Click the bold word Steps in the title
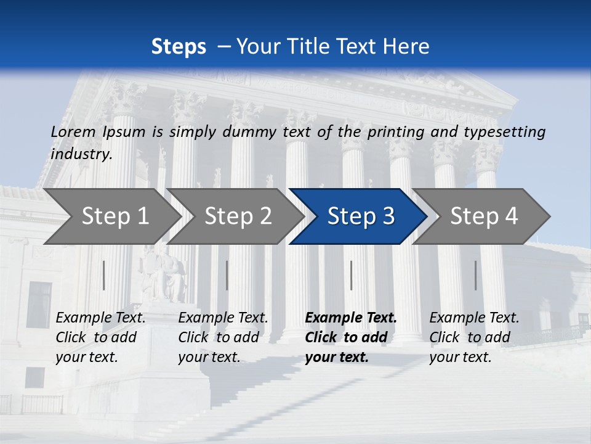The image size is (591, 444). click(179, 47)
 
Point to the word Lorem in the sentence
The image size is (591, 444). click(73, 132)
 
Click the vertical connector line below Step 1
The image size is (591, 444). click(104, 275)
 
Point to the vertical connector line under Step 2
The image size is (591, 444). click(227, 275)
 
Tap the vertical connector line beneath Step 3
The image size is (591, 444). click(352, 275)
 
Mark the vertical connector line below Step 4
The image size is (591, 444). click(476, 275)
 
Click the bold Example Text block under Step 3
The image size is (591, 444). click(351, 337)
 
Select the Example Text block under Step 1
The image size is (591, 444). click(101, 337)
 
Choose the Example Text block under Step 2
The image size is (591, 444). click(223, 337)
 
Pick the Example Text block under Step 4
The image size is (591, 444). click(474, 337)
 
